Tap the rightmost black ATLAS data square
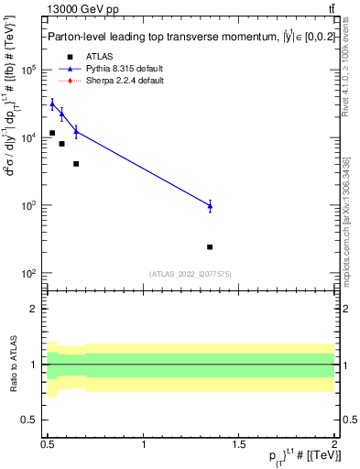(x=210, y=247)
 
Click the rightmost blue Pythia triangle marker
(x=210, y=206)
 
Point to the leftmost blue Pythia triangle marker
(x=52, y=104)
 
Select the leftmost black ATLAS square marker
(x=52, y=134)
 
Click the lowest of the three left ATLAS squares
(x=76, y=164)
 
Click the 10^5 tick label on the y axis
(x=28, y=70)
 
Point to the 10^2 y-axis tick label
(x=28, y=274)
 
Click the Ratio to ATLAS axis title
(x=12, y=365)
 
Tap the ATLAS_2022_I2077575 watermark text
(x=190, y=274)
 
